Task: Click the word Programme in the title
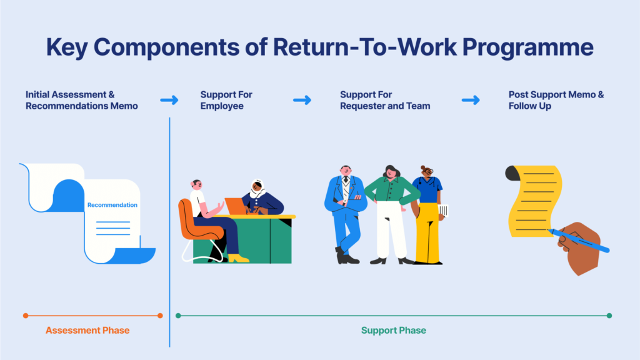(x=527, y=48)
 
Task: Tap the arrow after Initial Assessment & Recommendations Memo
(x=169, y=100)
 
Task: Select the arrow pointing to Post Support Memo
(x=471, y=100)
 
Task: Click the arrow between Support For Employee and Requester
(x=302, y=100)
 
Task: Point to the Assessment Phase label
(x=87, y=330)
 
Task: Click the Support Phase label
(x=394, y=330)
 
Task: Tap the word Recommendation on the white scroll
(x=112, y=205)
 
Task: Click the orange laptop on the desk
(x=236, y=206)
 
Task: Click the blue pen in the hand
(x=579, y=241)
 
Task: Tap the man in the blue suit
(x=345, y=214)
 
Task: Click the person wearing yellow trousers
(x=428, y=215)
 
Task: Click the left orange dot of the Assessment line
(x=26, y=316)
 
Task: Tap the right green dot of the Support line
(x=609, y=316)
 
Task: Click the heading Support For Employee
(x=226, y=100)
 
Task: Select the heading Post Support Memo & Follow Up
(x=556, y=100)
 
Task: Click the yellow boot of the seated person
(x=238, y=258)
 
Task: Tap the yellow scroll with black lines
(x=534, y=201)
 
